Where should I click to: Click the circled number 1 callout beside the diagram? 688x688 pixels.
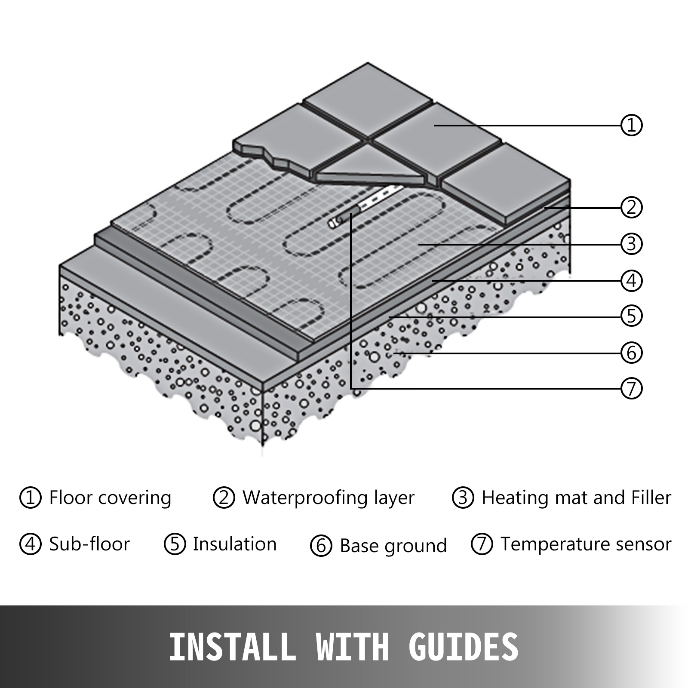[631, 125]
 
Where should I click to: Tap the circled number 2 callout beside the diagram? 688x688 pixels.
[631, 207]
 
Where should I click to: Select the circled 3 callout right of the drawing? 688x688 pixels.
[631, 244]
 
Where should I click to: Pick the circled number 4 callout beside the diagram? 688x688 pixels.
[631, 281]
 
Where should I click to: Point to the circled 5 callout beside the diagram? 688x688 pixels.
[631, 316]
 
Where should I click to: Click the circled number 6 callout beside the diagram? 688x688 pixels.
[631, 353]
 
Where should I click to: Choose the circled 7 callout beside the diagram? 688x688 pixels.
[631, 388]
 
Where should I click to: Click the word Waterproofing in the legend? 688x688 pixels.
[305, 498]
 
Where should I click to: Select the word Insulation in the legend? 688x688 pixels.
[234, 544]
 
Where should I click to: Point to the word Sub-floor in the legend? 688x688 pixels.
[89, 544]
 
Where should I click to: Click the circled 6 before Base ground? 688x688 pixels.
[321, 546]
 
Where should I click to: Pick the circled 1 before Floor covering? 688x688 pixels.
[30, 498]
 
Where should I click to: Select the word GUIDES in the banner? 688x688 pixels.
[464, 647]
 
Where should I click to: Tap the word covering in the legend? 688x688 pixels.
[135, 498]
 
